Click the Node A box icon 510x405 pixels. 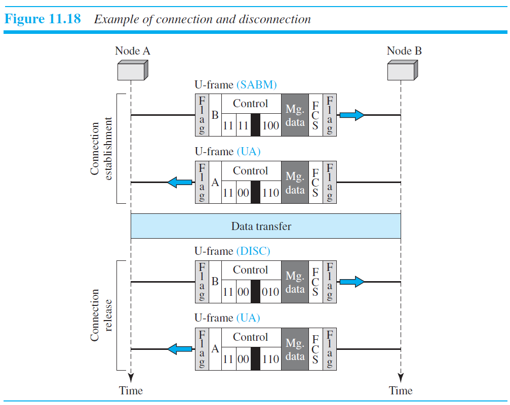[x=132, y=70]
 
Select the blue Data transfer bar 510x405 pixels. [x=265, y=226]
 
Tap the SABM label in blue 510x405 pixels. [x=256, y=84]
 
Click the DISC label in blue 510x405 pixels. [x=254, y=251]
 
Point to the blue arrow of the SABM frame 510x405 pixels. [x=351, y=115]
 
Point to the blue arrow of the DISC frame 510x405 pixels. [x=351, y=282]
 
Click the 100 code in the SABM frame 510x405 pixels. [x=271, y=125]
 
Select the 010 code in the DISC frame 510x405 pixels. [x=271, y=292]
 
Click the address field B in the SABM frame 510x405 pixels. [x=215, y=115]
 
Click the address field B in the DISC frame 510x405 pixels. [x=215, y=282]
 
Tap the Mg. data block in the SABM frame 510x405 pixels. [x=295, y=115]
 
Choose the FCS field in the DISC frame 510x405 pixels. [x=315, y=282]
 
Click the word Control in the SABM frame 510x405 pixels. [x=250, y=104]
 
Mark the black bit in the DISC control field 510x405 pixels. [x=255, y=292]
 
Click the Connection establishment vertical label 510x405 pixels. [x=101, y=148]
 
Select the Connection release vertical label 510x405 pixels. [x=101, y=315]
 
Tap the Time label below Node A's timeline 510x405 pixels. [x=131, y=390]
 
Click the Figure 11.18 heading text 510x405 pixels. [x=43, y=20]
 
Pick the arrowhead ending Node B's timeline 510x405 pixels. [x=401, y=377]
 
